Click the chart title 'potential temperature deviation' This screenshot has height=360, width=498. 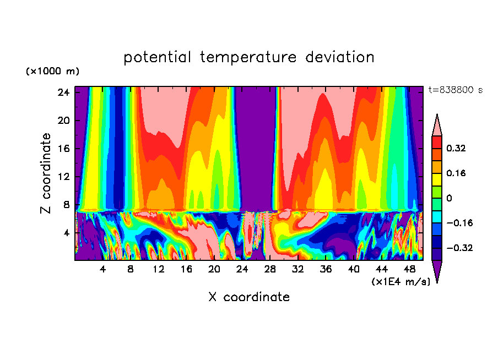point(249,57)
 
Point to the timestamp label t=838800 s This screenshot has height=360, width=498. point(455,90)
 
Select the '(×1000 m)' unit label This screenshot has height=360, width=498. point(52,72)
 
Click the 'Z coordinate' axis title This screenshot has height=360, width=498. point(46,173)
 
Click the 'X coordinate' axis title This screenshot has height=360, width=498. point(249,297)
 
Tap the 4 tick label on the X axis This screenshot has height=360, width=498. point(102,269)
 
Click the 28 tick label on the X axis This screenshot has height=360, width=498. point(270,269)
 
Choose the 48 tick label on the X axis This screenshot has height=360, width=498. point(409,269)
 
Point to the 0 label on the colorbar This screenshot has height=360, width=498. point(449,198)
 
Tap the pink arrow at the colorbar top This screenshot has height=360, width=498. point(437,126)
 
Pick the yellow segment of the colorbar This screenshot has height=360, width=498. point(437,179)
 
